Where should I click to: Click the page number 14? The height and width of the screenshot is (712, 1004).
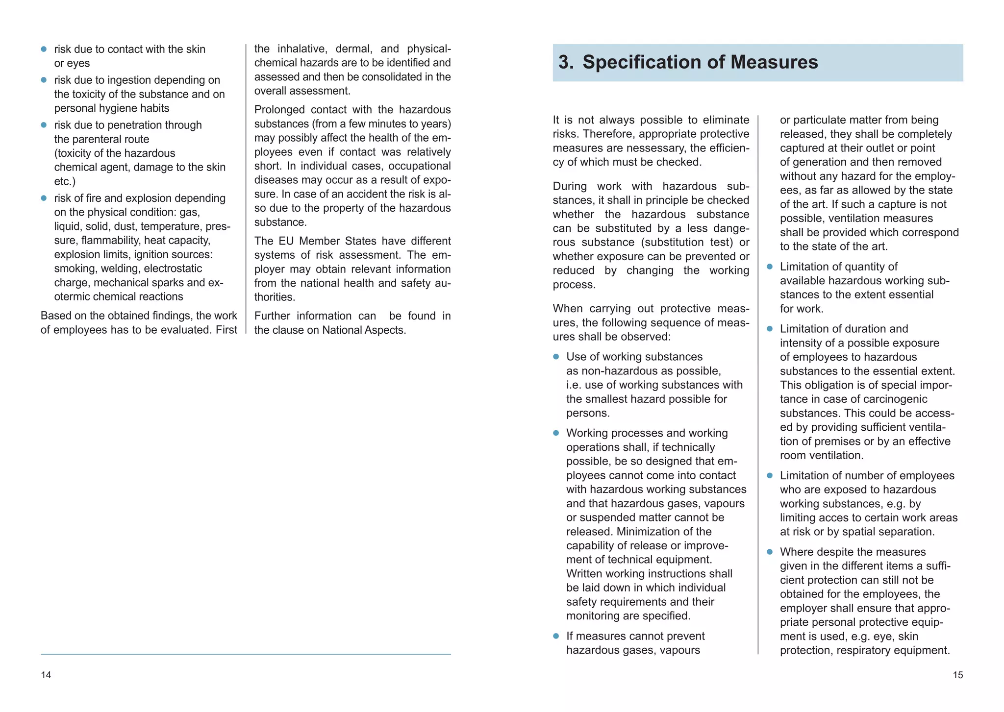pos(46,675)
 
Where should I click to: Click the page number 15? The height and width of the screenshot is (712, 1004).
pos(957,675)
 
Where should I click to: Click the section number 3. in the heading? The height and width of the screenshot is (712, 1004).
pos(566,62)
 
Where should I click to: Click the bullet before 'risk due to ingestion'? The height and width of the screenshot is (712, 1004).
pos(44,80)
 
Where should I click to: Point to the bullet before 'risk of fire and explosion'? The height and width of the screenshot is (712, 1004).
pos(44,198)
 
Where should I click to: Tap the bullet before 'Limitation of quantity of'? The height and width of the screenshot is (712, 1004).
pos(770,267)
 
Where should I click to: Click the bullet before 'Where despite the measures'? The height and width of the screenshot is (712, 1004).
pos(770,552)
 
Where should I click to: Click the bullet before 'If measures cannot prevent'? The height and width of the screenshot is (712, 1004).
pos(556,636)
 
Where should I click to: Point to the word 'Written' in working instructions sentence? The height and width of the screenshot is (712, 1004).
pos(584,574)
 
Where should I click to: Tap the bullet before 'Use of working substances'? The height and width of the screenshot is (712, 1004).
pos(556,357)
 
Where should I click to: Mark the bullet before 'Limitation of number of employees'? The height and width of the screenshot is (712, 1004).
pos(770,476)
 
